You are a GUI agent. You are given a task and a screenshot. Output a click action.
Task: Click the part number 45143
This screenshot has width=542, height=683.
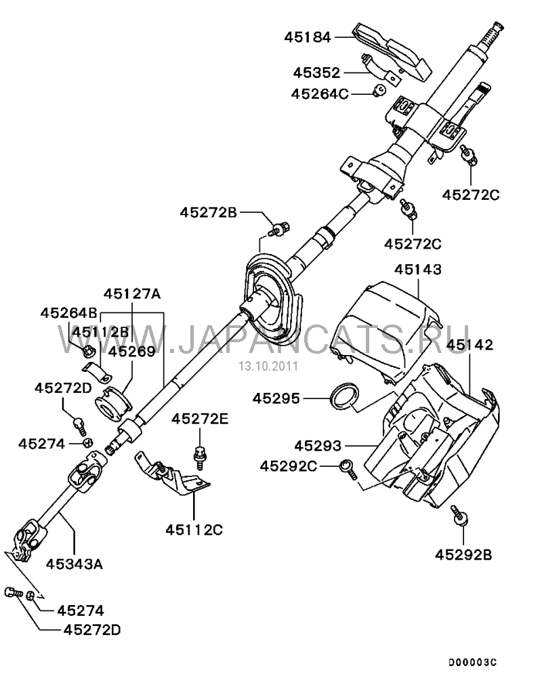418,269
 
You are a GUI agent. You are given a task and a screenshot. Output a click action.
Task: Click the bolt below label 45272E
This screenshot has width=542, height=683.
199,455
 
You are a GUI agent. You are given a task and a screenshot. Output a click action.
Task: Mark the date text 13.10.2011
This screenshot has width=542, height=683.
257,366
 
